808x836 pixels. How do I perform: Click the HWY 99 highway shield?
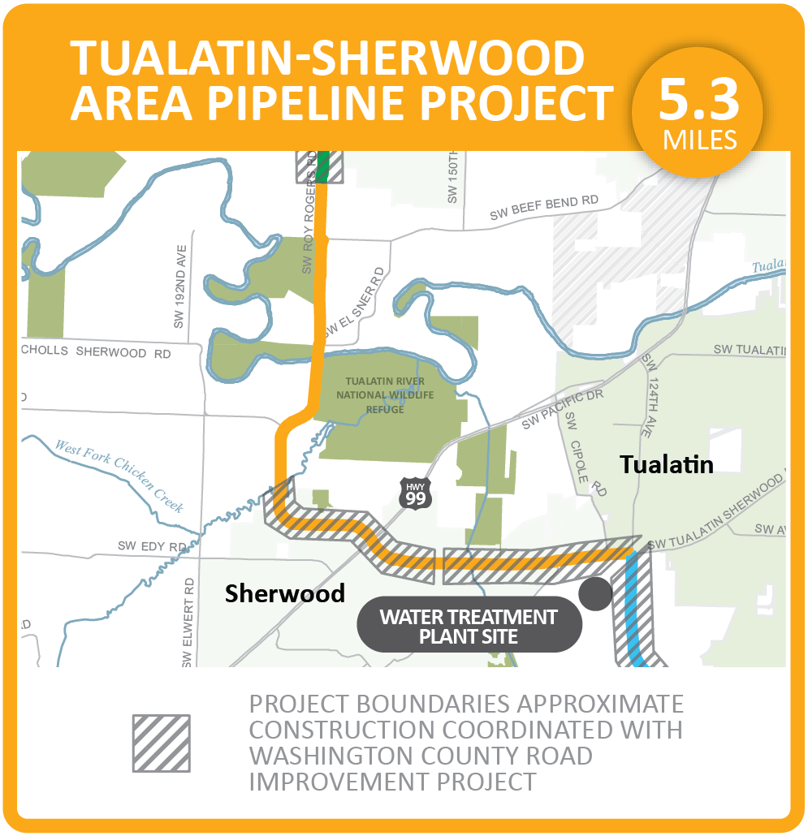tap(415, 493)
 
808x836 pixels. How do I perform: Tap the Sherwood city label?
tap(285, 593)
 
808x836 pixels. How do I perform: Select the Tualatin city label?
tap(667, 464)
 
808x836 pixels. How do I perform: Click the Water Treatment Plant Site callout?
tap(469, 627)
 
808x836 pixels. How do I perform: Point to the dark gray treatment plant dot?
tap(596, 594)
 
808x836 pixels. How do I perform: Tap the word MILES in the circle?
tap(699, 140)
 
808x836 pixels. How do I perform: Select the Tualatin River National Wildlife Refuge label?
tap(390, 395)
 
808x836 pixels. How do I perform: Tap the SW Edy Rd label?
tap(153, 547)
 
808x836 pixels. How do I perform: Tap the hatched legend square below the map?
tap(161, 743)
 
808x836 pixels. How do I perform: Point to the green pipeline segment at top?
tap(322, 166)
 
